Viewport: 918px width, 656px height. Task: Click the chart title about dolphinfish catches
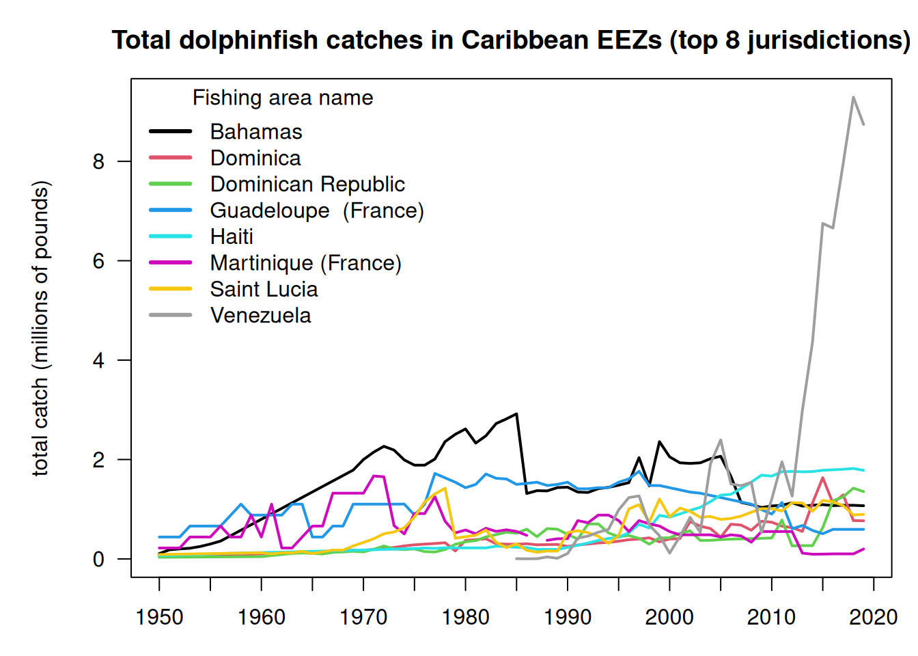tap(511, 40)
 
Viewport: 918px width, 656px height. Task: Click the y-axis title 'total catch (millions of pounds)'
tap(41, 328)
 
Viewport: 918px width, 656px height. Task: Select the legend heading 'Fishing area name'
tap(283, 98)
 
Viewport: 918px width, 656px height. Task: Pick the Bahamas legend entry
tap(256, 131)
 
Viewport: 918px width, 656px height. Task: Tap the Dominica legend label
tap(255, 158)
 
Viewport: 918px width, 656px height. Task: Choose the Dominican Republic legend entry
tap(307, 184)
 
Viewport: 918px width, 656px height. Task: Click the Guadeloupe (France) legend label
tap(317, 210)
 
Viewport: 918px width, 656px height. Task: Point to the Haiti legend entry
tap(232, 236)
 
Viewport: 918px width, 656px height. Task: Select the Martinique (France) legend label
tap(305, 262)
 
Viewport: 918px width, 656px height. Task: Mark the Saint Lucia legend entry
tap(264, 289)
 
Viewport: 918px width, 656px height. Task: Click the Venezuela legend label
tap(260, 315)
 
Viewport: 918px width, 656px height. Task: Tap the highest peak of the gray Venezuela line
tap(853, 97)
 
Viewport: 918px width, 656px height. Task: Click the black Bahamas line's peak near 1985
tap(516, 413)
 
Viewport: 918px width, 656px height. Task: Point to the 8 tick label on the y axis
tap(99, 161)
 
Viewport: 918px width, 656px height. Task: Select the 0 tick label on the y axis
tap(99, 559)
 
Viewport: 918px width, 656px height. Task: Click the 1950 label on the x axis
tap(159, 617)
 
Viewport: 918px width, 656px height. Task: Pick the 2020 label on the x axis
tap(873, 617)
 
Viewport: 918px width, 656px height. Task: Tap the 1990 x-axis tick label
tap(567, 617)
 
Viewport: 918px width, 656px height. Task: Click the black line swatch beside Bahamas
tap(171, 131)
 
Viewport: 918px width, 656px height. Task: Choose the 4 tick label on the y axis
tap(99, 360)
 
